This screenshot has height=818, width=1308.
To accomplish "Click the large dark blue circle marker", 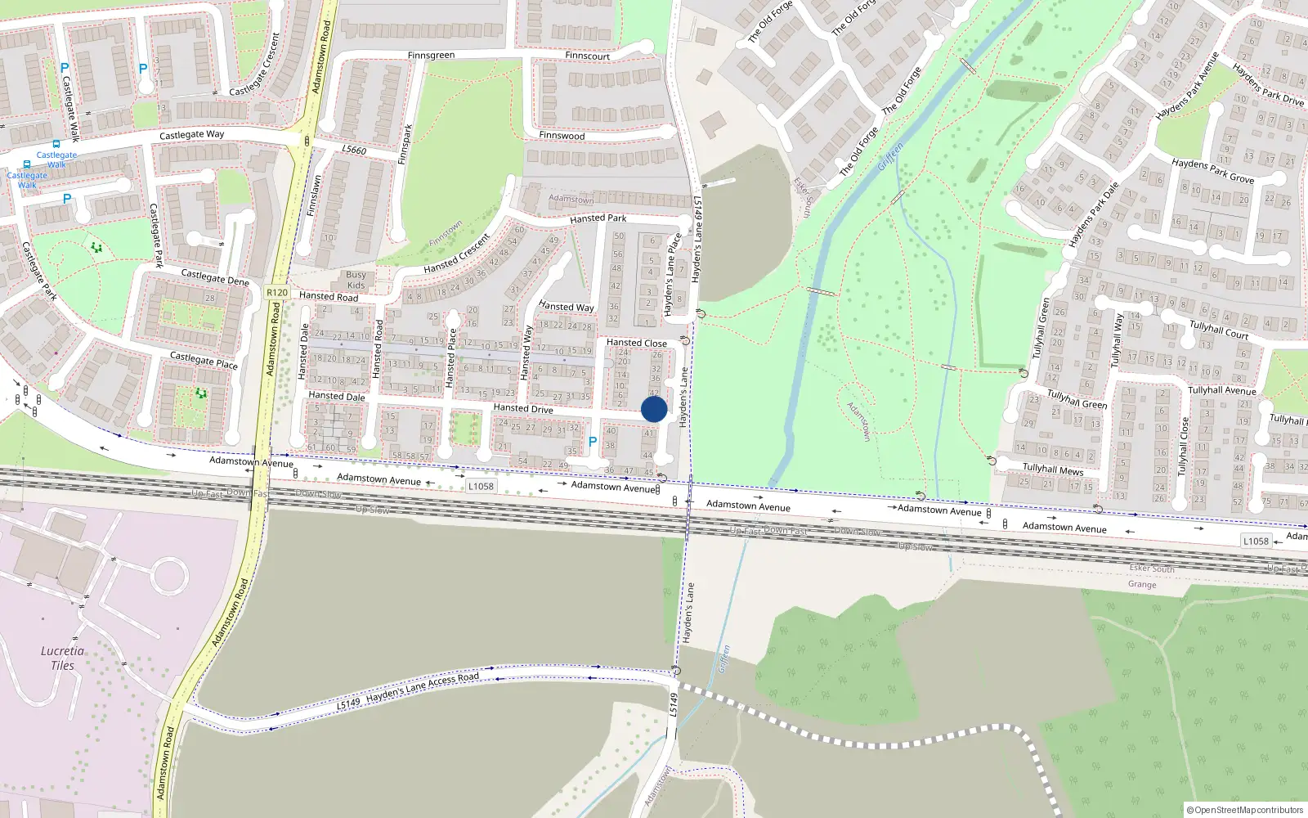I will coord(654,409).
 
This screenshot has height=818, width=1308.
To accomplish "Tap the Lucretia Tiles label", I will coord(62,658).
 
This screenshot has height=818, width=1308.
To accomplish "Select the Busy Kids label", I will coord(356,280).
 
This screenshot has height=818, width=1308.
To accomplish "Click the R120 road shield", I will coord(277,292).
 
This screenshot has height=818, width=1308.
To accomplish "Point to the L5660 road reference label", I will coord(354,150).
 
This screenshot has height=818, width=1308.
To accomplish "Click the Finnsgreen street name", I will coord(431,56).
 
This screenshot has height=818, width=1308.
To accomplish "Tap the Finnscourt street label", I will coord(587,56).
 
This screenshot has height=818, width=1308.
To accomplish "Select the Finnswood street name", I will coord(562,135).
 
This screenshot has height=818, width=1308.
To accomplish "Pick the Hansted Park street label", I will coord(598,218).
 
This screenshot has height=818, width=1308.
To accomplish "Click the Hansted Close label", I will coord(636,343).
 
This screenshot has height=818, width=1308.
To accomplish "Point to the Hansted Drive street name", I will coord(523,408).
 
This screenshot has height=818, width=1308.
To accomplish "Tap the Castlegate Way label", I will coord(191,135).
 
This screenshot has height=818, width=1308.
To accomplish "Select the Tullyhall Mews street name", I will coord(1053,470).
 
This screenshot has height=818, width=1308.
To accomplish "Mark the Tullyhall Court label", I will coord(1219,329).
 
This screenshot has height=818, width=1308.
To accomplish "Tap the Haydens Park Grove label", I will coord(1212,171).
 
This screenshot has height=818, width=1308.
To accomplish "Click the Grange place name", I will coord(1142,584).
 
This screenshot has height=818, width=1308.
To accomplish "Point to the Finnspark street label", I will coord(405,144).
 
